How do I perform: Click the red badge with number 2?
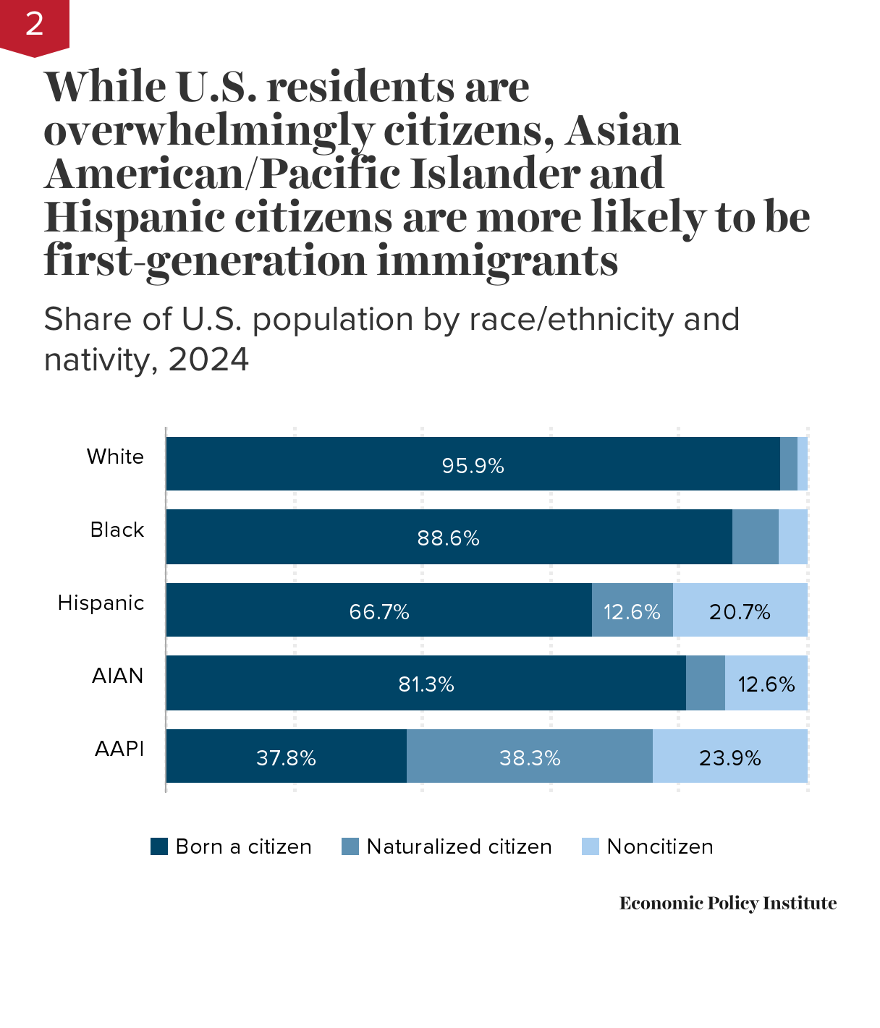coord(34,25)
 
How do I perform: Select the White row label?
coord(115,456)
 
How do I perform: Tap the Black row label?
coord(117,530)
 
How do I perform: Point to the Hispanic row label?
coord(101,603)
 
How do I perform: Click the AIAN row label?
coord(117,676)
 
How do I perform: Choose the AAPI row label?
coord(119,749)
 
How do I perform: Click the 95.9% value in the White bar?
coord(473,465)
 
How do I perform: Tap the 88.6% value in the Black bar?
coord(448,538)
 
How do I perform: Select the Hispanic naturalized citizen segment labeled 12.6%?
coord(632,612)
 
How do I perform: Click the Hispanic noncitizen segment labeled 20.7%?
coord(740,612)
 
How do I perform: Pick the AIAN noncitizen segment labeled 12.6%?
coord(766,684)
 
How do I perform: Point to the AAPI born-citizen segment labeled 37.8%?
coord(286,758)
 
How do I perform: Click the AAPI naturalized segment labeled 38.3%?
coord(530,758)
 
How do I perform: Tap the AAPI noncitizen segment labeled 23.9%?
coord(729,758)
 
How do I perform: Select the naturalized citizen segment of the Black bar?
coord(755,537)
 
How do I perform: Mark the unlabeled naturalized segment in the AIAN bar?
coord(705,683)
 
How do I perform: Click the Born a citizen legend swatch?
coord(159,846)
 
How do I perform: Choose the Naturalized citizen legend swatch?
coord(350,846)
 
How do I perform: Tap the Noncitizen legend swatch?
coord(591,846)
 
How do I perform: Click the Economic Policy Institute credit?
coord(727,903)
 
